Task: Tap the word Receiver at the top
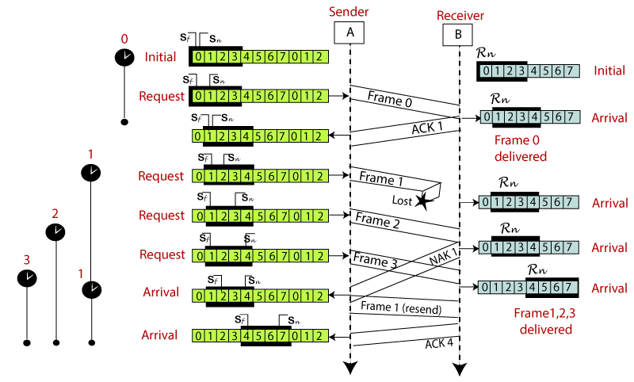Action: point(459,15)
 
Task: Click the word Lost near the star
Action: point(402,201)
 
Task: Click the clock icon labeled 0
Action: point(124,56)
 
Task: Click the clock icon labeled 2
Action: point(55,231)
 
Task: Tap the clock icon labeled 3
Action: point(27,278)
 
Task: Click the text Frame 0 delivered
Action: point(521,148)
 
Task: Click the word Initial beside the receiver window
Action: point(610,71)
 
